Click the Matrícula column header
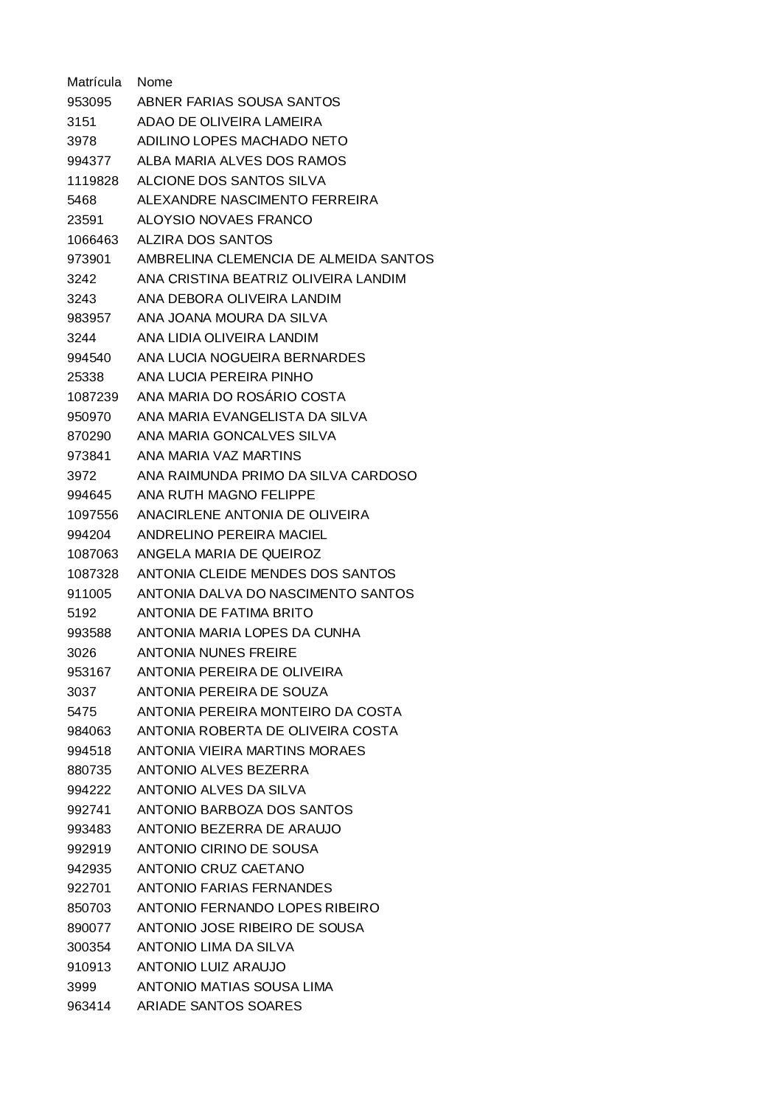click(94, 82)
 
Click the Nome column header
click(154, 82)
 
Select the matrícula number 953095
click(88, 102)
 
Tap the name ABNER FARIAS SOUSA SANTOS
click(238, 102)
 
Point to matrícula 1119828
click(92, 181)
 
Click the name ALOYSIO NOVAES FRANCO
click(224, 220)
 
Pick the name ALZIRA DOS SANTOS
click(204, 240)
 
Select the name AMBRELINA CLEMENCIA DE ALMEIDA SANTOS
click(285, 259)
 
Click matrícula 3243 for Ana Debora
click(81, 299)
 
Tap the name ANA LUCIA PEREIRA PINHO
click(225, 377)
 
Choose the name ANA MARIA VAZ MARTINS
click(219, 456)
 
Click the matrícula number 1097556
click(92, 515)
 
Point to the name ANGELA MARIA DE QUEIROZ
click(229, 554)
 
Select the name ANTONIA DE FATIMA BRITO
click(225, 613)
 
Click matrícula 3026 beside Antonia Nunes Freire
click(81, 653)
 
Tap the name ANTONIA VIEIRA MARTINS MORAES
click(251, 751)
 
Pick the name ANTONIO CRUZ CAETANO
click(220, 869)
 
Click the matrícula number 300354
click(88, 947)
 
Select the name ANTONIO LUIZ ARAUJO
click(211, 967)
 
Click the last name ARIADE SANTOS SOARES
click(219, 1006)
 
